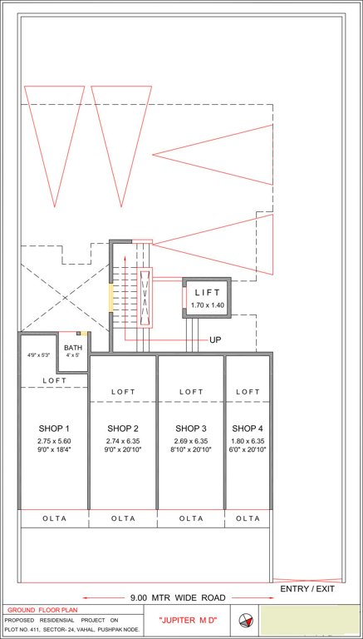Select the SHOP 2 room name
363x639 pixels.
(x=123, y=428)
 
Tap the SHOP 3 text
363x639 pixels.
(x=191, y=428)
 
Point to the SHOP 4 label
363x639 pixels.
(x=248, y=428)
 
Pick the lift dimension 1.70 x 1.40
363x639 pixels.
(x=208, y=306)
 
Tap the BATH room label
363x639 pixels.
(x=73, y=348)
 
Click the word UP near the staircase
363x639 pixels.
(x=216, y=340)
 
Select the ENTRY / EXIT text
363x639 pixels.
(x=308, y=589)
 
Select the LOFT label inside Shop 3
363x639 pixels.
(x=191, y=392)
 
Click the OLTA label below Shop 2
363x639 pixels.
(x=123, y=518)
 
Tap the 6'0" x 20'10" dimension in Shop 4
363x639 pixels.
(x=248, y=449)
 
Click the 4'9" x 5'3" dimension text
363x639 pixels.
(x=38, y=355)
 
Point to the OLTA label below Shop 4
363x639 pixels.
(x=248, y=518)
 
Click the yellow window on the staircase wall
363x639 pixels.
(x=110, y=298)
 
